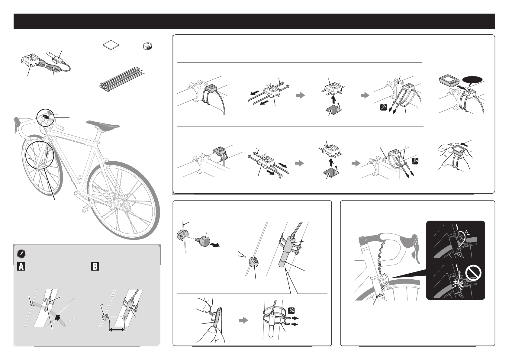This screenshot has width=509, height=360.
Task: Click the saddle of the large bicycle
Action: coord(103,125)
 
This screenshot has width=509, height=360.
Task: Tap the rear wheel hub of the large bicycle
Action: coord(117,201)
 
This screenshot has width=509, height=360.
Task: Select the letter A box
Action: coord(21,266)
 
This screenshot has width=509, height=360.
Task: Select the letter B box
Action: coord(95,266)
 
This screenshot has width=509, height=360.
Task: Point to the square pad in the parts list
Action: coord(111,45)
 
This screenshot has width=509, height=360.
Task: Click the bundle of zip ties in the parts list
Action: coord(121,79)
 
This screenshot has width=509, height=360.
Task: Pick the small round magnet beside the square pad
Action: coord(148,46)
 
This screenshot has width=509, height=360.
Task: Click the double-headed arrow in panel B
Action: coord(117,330)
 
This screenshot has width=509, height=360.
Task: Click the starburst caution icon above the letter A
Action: coord(21,254)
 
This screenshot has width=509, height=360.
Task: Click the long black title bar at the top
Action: coord(254,21)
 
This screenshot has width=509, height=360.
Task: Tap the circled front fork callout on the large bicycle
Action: coord(40,155)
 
